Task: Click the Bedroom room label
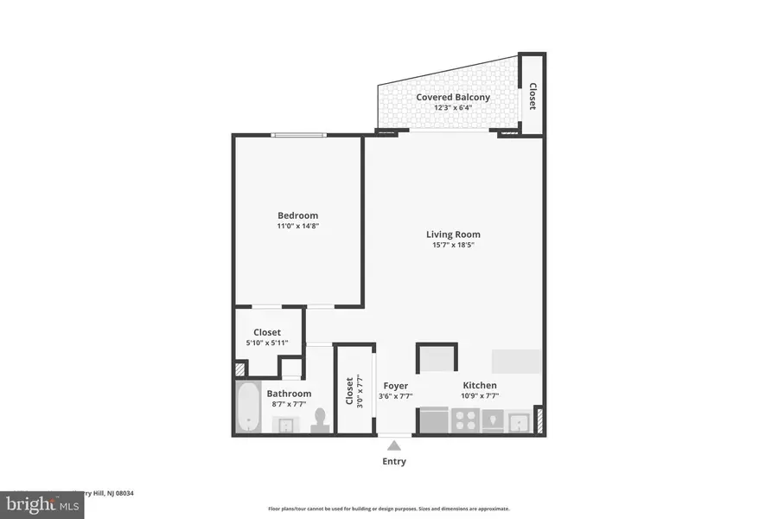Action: point(297,215)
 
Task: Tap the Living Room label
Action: point(453,234)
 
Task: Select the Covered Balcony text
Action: point(453,97)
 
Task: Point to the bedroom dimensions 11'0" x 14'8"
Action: point(297,227)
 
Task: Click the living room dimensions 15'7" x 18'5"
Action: point(453,245)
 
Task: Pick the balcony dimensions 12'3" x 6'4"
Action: point(453,108)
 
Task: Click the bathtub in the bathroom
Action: point(249,407)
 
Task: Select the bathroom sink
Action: point(285,424)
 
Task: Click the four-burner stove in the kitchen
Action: point(467,420)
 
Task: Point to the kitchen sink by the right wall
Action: point(519,421)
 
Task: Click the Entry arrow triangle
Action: point(394,445)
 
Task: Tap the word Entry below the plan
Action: point(394,461)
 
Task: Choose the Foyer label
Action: point(395,386)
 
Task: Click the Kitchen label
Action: point(480,386)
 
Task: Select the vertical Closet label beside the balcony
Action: point(532,96)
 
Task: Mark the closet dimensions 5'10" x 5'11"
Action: point(267,343)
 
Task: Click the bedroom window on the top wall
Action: point(298,134)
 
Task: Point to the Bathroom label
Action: point(288,394)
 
